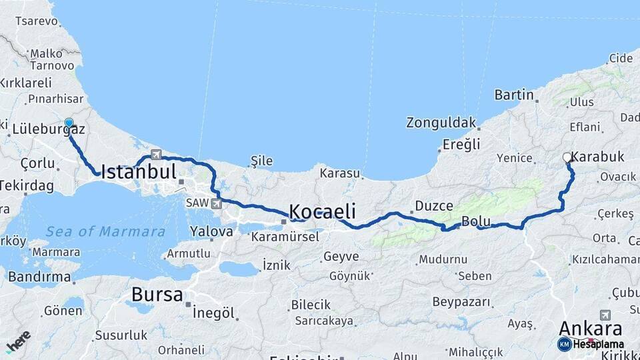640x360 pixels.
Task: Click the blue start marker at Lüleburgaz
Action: (x=69, y=123)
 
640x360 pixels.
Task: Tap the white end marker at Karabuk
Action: (x=567, y=158)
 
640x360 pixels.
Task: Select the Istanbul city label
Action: (x=139, y=171)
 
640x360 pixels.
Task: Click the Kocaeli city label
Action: (x=322, y=211)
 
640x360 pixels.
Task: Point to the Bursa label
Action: (x=157, y=294)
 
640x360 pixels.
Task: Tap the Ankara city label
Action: (x=590, y=328)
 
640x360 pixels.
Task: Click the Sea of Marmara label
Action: (x=105, y=232)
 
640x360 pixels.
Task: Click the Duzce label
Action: (x=434, y=206)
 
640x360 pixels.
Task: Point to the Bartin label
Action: (x=514, y=95)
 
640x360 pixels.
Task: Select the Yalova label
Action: (x=211, y=232)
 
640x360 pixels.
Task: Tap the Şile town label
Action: (x=261, y=161)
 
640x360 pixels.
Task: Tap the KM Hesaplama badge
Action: (x=591, y=344)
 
